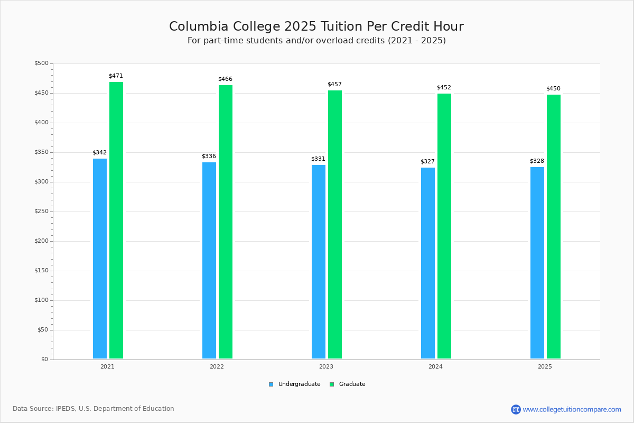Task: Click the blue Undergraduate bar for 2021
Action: pyautogui.click(x=100, y=259)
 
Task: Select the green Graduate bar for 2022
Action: pyautogui.click(x=226, y=222)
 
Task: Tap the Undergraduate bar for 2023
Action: pyautogui.click(x=319, y=262)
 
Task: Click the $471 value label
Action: pyautogui.click(x=116, y=76)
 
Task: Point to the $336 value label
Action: pyautogui.click(x=209, y=157)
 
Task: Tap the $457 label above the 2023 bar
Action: pyautogui.click(x=334, y=85)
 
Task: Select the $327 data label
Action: pyautogui.click(x=427, y=162)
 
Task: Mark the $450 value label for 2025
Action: pyautogui.click(x=553, y=89)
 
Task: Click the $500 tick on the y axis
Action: pyautogui.click(x=41, y=63)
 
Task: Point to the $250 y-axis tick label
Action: pyautogui.click(x=41, y=212)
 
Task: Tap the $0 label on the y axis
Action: pyautogui.click(x=44, y=360)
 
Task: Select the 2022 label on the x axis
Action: pyautogui.click(x=217, y=366)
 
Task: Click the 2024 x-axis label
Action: pyautogui.click(x=435, y=366)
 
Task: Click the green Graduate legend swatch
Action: pyautogui.click(x=332, y=384)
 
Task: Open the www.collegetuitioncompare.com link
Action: pyautogui.click(x=572, y=409)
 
